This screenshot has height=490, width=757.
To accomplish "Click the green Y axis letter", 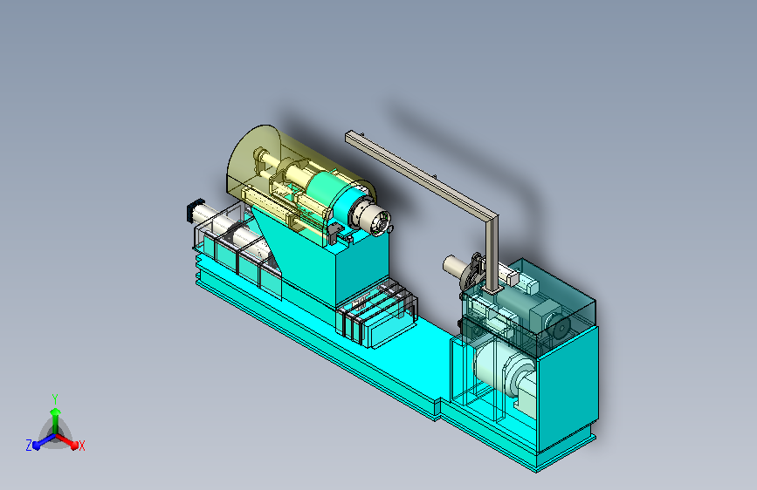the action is point(55,399).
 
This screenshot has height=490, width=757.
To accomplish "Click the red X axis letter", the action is point(81,446).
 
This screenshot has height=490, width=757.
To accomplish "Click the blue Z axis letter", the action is point(29,446).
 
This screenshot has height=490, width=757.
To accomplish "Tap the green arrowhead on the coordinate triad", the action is point(56,412).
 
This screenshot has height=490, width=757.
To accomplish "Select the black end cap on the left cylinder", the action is point(195,211).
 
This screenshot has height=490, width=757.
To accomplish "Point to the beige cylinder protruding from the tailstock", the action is point(454,264).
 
